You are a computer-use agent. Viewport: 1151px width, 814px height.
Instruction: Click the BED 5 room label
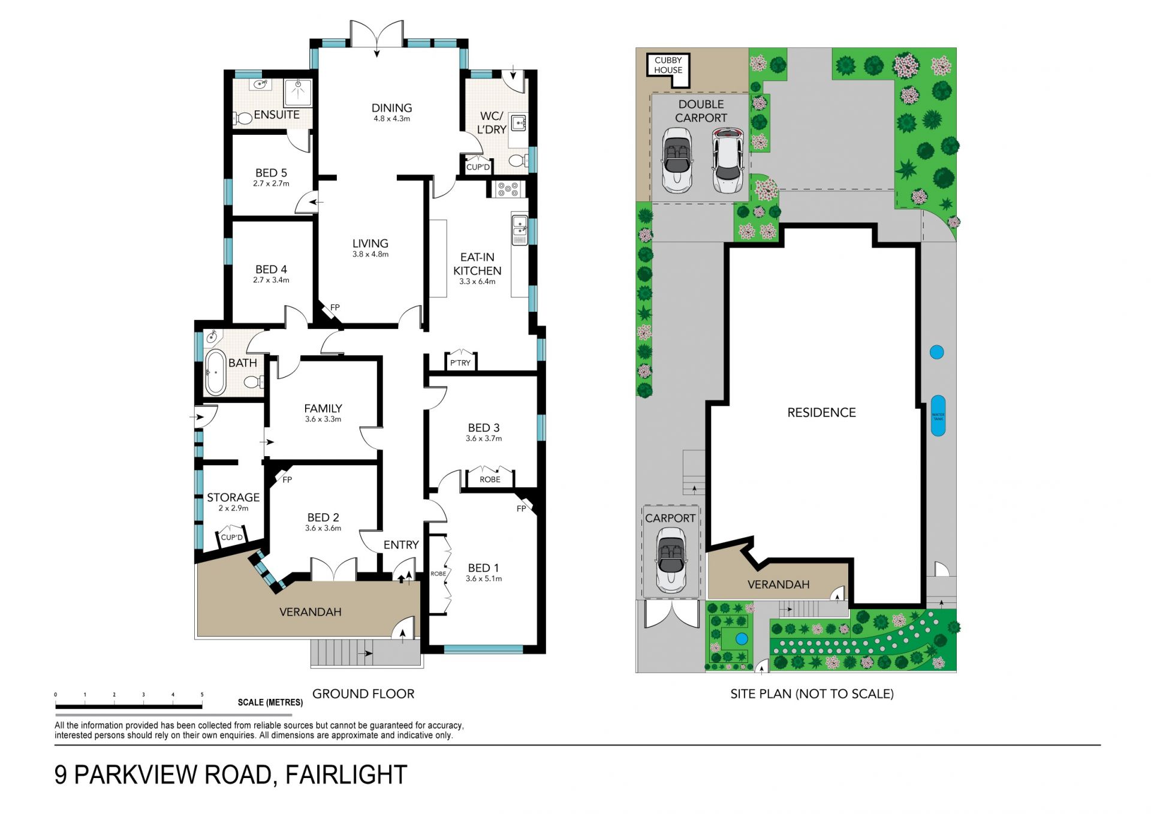(271, 173)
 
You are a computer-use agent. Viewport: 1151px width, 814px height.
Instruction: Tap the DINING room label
(391, 108)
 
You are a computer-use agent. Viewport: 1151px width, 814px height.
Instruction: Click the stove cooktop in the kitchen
(508, 189)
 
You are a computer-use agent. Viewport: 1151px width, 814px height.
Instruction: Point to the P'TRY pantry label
(460, 363)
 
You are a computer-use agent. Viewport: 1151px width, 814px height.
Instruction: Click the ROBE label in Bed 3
(490, 480)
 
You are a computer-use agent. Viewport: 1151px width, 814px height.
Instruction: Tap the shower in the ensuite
(297, 93)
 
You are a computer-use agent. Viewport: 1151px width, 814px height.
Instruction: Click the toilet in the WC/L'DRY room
(518, 161)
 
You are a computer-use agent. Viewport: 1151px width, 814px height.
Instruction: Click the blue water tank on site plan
(938, 415)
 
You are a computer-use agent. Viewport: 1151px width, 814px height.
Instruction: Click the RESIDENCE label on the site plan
(821, 412)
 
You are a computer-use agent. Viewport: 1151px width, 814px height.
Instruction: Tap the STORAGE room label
(233, 498)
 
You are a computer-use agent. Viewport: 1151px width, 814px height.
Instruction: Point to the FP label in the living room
(335, 307)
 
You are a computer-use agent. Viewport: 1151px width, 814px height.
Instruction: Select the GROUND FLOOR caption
(363, 694)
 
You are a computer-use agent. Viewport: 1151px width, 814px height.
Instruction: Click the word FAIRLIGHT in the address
(346, 775)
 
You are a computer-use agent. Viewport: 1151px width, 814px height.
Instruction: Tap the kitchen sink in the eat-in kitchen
(520, 229)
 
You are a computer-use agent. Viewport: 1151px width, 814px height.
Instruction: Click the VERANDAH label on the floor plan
(311, 612)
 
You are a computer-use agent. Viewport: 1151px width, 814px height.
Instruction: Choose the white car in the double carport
(728, 161)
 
